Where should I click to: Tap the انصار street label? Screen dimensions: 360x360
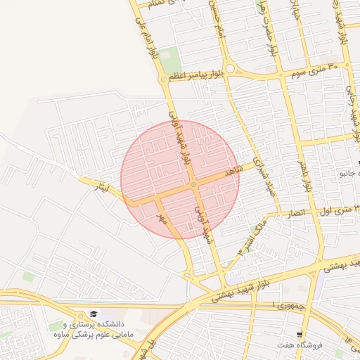[297, 212]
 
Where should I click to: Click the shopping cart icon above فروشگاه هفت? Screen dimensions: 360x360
[300, 335]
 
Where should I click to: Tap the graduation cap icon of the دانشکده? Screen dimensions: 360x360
[94, 314]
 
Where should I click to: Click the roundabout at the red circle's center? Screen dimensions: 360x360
[193, 184]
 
